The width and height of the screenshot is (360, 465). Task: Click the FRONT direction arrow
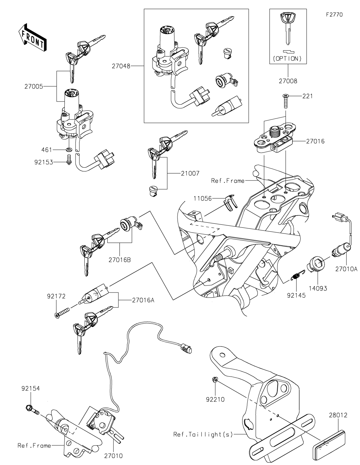tap(32, 37)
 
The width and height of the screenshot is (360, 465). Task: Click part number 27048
tap(121, 66)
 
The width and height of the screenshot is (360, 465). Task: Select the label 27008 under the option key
tap(288, 81)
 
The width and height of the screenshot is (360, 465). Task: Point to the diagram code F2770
tap(334, 15)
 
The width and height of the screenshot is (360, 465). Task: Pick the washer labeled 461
tap(69, 149)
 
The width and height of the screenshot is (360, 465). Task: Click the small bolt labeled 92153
tap(69, 160)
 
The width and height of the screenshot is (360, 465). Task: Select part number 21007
tap(190, 173)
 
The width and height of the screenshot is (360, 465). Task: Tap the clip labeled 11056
tap(230, 202)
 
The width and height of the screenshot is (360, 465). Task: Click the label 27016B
tap(119, 260)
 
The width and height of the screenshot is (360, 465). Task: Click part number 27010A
tap(346, 269)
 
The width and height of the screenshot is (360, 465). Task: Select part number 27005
tap(34, 87)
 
